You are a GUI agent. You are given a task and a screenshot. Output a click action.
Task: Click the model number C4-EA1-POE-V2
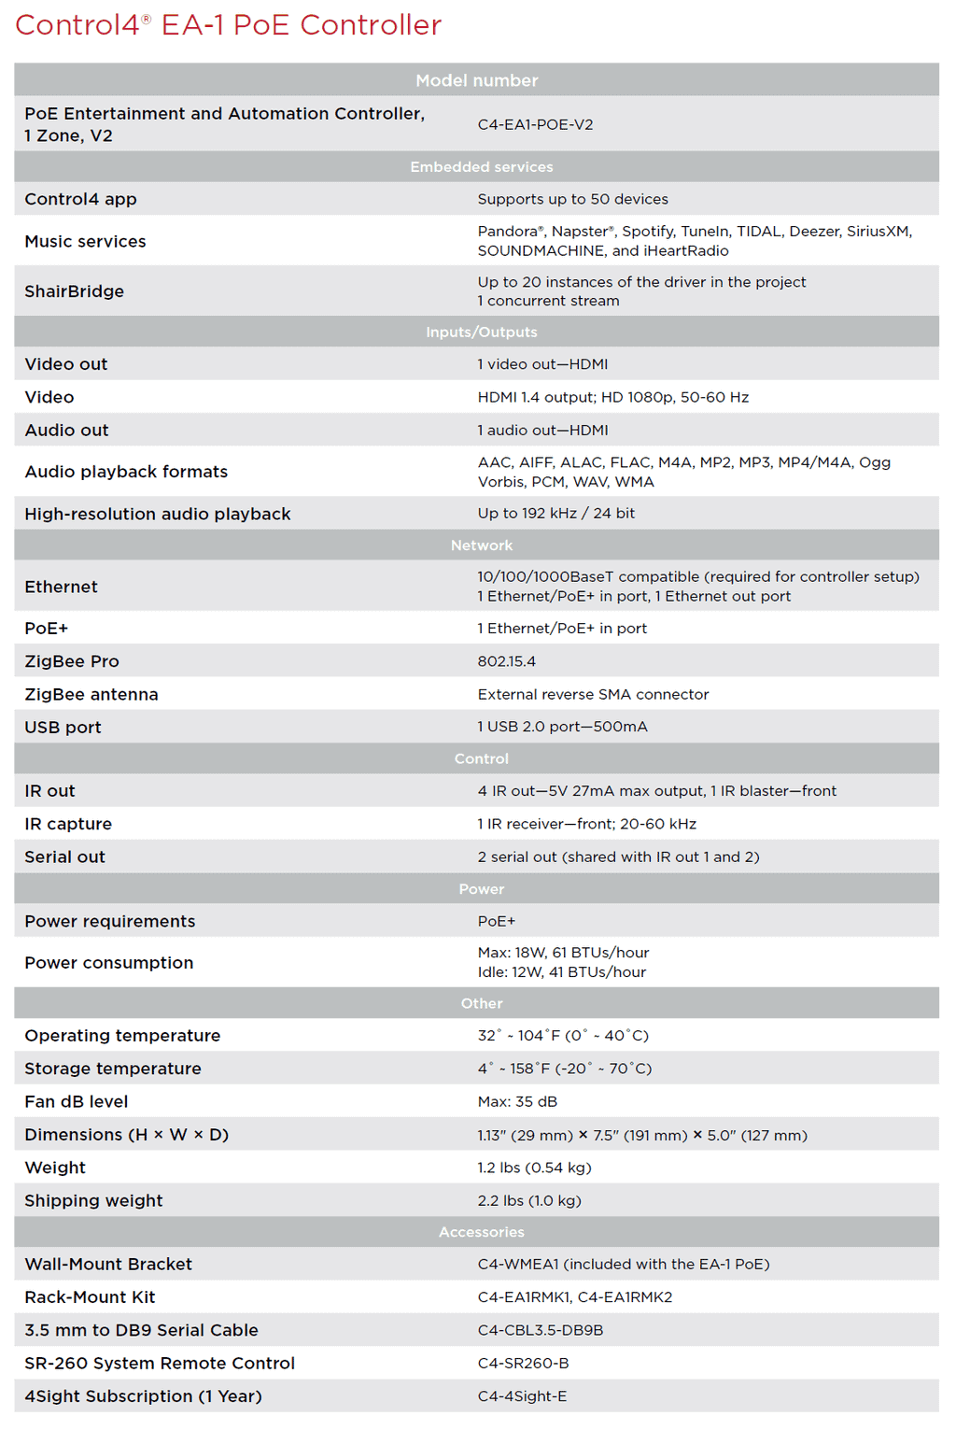(x=535, y=124)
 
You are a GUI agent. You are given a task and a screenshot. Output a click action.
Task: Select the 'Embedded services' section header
(x=481, y=166)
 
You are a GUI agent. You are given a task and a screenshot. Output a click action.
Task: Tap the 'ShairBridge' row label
(x=75, y=291)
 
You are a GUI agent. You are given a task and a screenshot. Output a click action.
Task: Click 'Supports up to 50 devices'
(x=572, y=199)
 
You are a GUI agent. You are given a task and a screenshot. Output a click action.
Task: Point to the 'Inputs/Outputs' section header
(x=481, y=332)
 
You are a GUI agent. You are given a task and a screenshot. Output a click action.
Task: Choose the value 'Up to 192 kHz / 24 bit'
(x=555, y=513)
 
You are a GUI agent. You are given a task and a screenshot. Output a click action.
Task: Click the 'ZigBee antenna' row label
(x=91, y=694)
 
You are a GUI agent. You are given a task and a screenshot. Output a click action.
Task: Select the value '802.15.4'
(x=506, y=661)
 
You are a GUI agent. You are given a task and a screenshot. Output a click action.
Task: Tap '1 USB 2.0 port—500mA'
(x=562, y=727)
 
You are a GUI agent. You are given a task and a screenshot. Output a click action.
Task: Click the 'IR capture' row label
(x=68, y=824)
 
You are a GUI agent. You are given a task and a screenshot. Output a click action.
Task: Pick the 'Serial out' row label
(x=64, y=857)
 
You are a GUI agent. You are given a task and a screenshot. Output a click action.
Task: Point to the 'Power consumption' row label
(x=109, y=963)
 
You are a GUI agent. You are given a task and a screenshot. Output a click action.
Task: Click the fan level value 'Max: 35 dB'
(x=517, y=1101)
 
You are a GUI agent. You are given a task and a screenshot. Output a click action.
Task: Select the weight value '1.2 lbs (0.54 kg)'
(x=534, y=1168)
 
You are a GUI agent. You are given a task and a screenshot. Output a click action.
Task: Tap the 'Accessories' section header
(x=481, y=1232)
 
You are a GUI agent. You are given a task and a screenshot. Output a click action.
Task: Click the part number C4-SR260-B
(x=523, y=1363)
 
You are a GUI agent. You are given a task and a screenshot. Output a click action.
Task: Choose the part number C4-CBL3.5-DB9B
(x=540, y=1330)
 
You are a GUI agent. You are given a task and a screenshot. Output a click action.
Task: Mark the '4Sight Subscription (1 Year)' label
(x=143, y=1396)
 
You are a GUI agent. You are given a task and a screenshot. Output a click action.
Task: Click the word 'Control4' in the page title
(x=77, y=25)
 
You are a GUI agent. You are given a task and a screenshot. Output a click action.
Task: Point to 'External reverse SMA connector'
(x=593, y=694)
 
